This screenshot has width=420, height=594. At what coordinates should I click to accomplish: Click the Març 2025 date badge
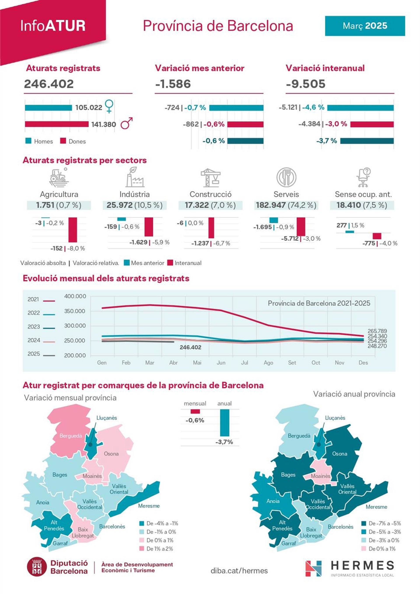[365, 26]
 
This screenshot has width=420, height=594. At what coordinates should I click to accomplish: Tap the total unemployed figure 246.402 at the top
[49, 84]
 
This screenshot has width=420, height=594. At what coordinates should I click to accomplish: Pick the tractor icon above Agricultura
[59, 178]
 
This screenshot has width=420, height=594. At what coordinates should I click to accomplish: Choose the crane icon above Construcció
[210, 178]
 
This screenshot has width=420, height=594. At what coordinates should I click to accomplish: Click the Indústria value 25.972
[119, 205]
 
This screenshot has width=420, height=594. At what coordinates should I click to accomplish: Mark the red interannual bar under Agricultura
[73, 230]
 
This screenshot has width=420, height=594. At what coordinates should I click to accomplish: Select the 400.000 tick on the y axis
[75, 296]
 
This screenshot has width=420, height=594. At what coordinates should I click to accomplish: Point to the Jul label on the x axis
[245, 363]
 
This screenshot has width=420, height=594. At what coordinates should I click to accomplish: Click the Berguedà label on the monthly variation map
[71, 436]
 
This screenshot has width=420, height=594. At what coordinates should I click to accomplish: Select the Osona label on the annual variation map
[339, 454]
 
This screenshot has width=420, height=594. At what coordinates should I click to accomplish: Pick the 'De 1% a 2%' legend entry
[157, 549]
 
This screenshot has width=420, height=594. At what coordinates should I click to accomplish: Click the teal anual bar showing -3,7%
[224, 423]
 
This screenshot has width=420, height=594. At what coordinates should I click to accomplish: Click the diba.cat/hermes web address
[239, 571]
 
